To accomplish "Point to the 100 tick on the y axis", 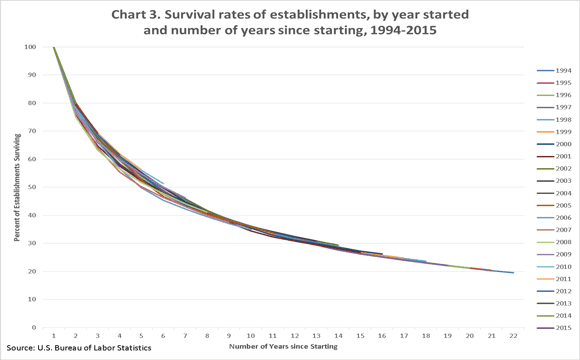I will click(x=33, y=47).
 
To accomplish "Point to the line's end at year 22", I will click(x=513, y=272).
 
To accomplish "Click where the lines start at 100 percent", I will click(x=53, y=47).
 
